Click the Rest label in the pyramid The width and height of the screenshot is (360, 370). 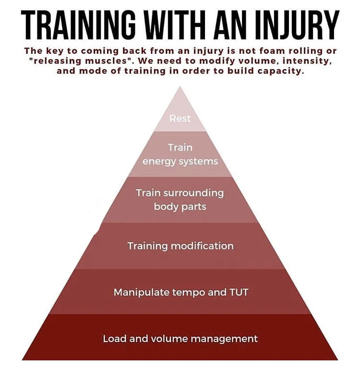click(180, 118)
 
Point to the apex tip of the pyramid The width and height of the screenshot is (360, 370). click(180, 87)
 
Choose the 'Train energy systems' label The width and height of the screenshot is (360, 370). click(180, 154)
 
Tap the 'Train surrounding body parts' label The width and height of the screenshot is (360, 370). click(180, 199)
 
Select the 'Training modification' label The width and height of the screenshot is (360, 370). click(180, 246)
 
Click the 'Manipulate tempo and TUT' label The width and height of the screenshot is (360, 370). click(180, 292)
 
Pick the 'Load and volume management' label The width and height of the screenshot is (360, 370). click(180, 339)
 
